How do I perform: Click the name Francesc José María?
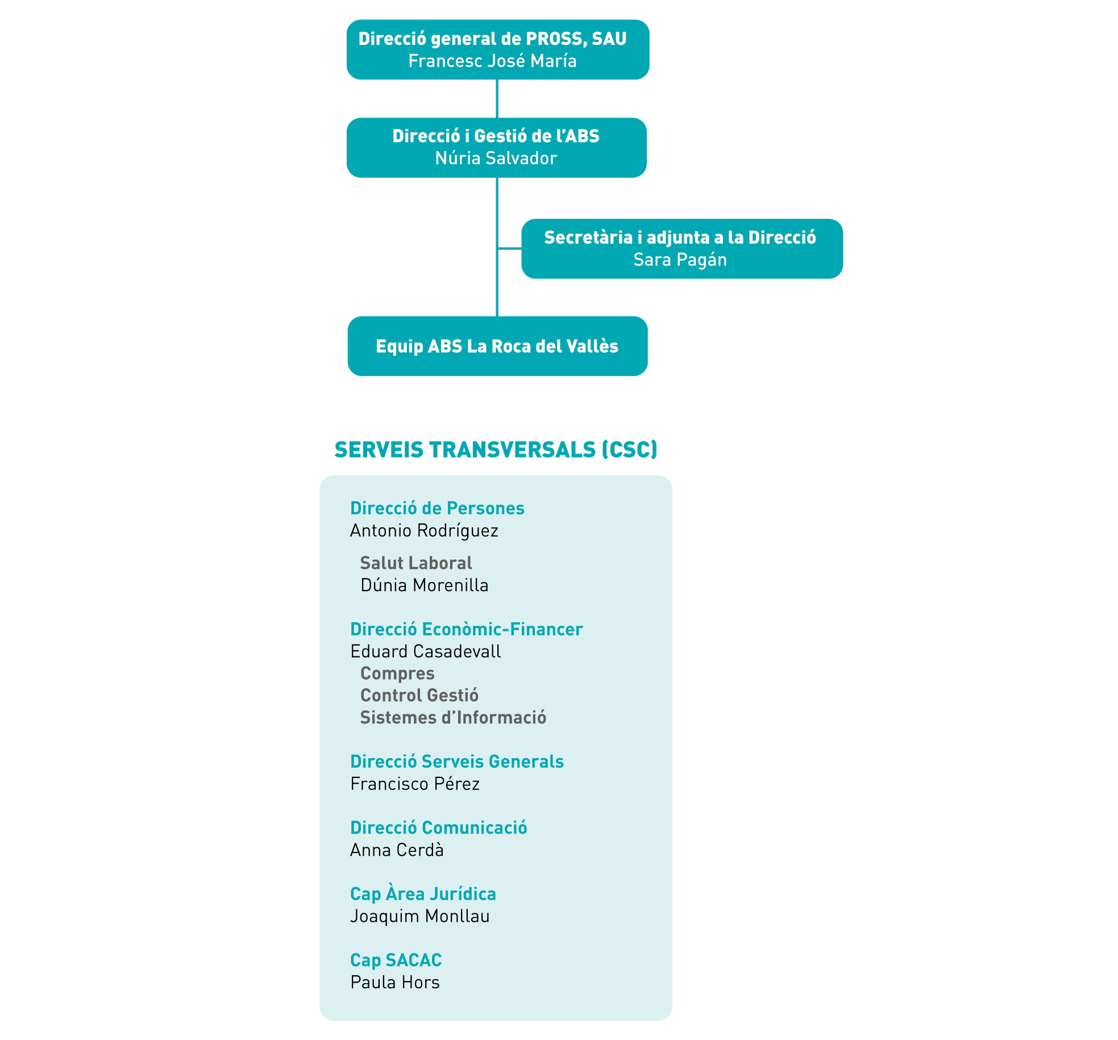point(492,61)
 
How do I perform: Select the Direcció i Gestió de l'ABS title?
point(496,136)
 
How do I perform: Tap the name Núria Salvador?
point(496,158)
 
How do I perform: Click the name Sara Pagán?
point(680,260)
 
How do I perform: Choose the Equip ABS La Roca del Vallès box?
point(497,346)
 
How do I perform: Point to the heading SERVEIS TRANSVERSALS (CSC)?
point(496,450)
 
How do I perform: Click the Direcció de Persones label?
point(437,508)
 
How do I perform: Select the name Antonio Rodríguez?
point(424,531)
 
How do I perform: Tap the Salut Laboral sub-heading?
point(416,563)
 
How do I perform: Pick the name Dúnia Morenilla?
point(424,585)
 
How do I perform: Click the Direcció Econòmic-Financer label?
point(466,629)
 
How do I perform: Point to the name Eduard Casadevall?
point(425,651)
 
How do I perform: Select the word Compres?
point(397,674)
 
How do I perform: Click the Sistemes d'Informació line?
point(453,717)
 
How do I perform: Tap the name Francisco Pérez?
point(415,784)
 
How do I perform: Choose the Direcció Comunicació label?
point(438,827)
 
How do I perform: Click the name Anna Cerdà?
point(397,850)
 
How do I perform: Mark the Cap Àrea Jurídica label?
point(423,894)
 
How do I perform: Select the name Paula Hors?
point(395,982)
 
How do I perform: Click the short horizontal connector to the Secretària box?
point(510,248)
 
